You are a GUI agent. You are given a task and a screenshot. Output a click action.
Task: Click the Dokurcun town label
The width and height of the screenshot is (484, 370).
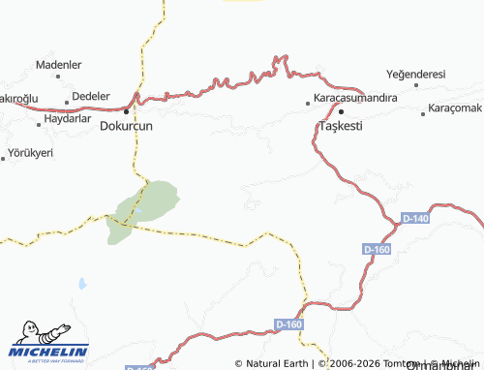[x=127, y=125]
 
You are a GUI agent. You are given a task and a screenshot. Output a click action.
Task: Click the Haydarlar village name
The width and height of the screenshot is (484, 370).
[x=68, y=120]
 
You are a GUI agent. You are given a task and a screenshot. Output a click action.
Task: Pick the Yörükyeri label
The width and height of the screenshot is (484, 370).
[x=30, y=153]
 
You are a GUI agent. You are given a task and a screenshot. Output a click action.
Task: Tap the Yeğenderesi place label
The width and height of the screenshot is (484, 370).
[x=415, y=74]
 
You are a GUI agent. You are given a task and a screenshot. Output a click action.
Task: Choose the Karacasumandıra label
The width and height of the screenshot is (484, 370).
[x=352, y=100]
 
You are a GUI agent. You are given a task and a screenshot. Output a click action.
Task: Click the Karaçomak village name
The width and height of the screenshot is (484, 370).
[x=455, y=108]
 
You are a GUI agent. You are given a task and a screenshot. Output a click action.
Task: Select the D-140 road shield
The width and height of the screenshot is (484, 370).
[x=415, y=219]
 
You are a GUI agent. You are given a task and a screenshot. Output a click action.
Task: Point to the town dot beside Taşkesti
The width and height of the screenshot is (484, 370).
[x=341, y=111]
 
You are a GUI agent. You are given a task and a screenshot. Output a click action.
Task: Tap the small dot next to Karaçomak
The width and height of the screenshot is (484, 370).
[x=423, y=113]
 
